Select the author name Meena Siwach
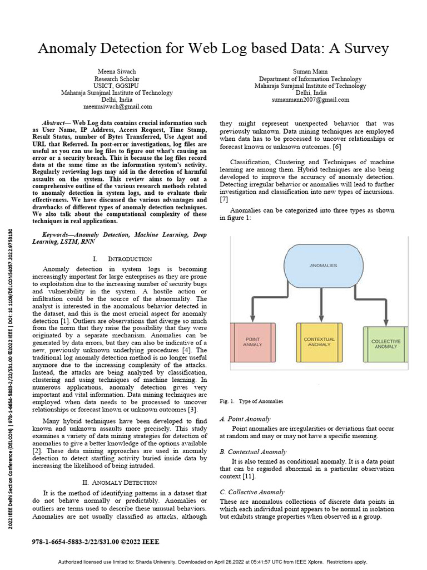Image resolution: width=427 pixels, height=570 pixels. click(x=116, y=72)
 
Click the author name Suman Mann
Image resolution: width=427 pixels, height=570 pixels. click(x=310, y=72)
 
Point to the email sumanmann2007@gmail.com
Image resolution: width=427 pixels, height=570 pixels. click(x=310, y=100)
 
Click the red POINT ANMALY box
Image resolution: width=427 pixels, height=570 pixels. click(x=252, y=342)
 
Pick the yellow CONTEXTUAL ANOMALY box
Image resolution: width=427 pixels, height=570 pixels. click(x=319, y=342)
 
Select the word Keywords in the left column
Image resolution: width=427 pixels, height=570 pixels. click(x=58, y=235)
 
